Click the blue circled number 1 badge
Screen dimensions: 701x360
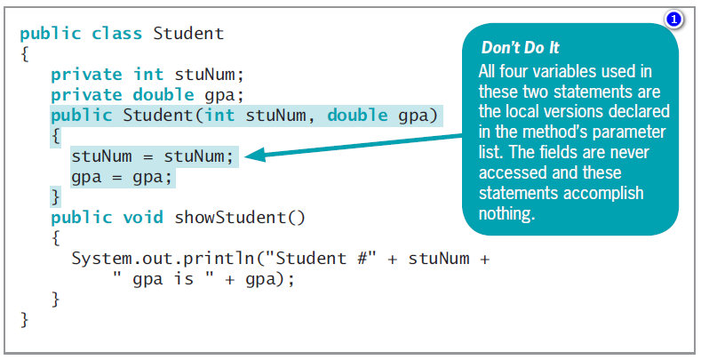point(673,20)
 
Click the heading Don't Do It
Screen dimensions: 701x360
point(520,48)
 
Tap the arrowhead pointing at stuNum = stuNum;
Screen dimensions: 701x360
point(255,155)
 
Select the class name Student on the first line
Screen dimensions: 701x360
point(188,34)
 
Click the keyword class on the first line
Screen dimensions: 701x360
point(116,34)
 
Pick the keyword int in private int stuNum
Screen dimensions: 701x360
point(148,75)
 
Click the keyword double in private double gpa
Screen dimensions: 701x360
point(163,95)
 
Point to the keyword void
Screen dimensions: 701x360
point(143,218)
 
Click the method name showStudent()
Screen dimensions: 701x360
point(240,218)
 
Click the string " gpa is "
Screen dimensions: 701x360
point(163,279)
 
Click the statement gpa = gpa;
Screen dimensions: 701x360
point(122,178)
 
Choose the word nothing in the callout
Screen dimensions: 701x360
point(506,213)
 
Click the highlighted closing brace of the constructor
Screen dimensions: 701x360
point(55,196)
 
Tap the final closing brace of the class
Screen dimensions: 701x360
point(25,320)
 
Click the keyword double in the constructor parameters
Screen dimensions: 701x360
point(358,116)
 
